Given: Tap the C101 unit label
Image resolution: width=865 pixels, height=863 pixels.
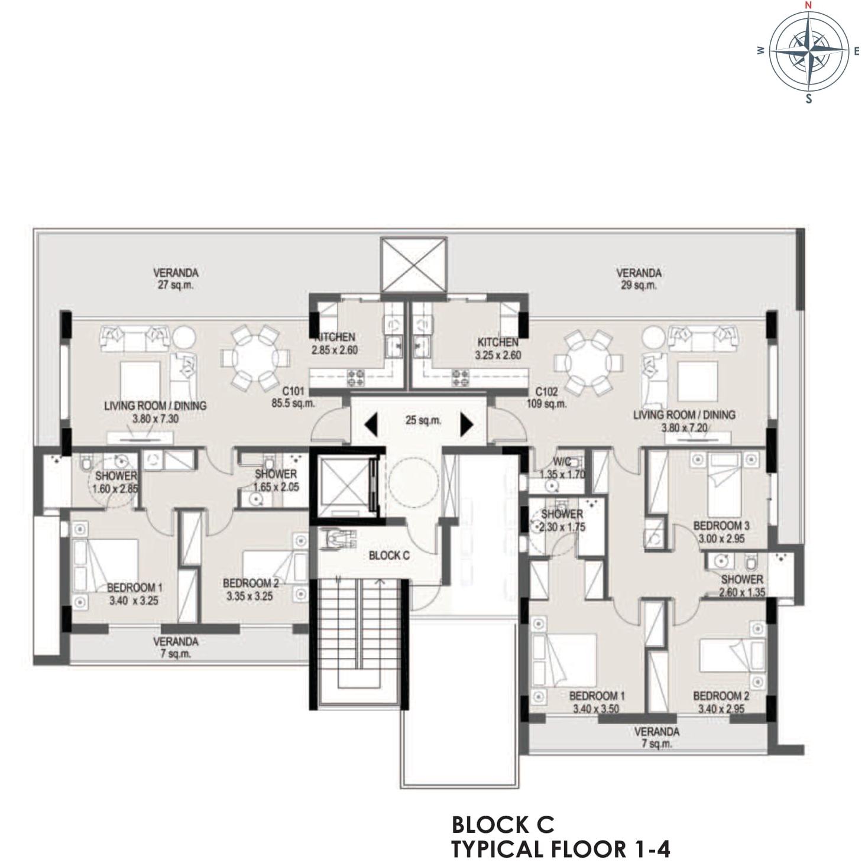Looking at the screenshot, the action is click(x=294, y=392).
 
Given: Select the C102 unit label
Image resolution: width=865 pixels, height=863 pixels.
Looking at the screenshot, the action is click(x=546, y=392).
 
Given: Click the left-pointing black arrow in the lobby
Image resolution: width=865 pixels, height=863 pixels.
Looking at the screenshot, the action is click(x=371, y=424).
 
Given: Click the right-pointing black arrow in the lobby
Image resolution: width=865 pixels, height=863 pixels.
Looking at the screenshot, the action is click(x=466, y=424).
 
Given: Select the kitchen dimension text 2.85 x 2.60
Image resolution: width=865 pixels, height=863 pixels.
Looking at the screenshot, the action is click(x=335, y=350).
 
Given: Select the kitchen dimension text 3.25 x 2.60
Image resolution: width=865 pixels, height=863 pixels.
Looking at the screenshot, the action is click(x=498, y=355).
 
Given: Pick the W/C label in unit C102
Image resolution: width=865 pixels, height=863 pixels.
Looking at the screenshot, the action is click(x=562, y=461).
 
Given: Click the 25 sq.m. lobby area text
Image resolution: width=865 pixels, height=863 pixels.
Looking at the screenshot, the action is click(x=423, y=421).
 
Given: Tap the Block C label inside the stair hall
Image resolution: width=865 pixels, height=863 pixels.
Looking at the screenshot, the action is click(x=389, y=556).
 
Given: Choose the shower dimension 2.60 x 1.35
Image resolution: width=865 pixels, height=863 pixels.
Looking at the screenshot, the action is click(x=742, y=592).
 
